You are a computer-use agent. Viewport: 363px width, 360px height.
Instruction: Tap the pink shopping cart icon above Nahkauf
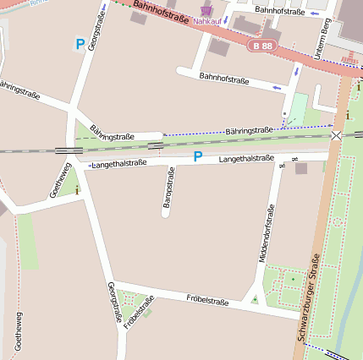click(x=206, y=9)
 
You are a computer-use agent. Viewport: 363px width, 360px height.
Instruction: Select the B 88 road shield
click(x=262, y=46)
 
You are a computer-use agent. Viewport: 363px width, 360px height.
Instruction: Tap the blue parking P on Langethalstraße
click(x=197, y=157)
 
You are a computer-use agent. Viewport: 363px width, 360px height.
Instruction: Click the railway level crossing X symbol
click(x=337, y=135)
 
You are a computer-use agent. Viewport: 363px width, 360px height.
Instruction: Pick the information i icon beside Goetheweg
click(x=78, y=190)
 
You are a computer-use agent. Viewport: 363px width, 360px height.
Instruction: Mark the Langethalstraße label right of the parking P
click(x=246, y=158)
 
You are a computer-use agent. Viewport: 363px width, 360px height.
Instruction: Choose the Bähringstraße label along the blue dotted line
click(x=250, y=130)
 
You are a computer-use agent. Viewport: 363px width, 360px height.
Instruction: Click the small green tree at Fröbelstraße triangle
click(x=254, y=298)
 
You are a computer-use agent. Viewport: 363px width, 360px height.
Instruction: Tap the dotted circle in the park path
click(x=337, y=221)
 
